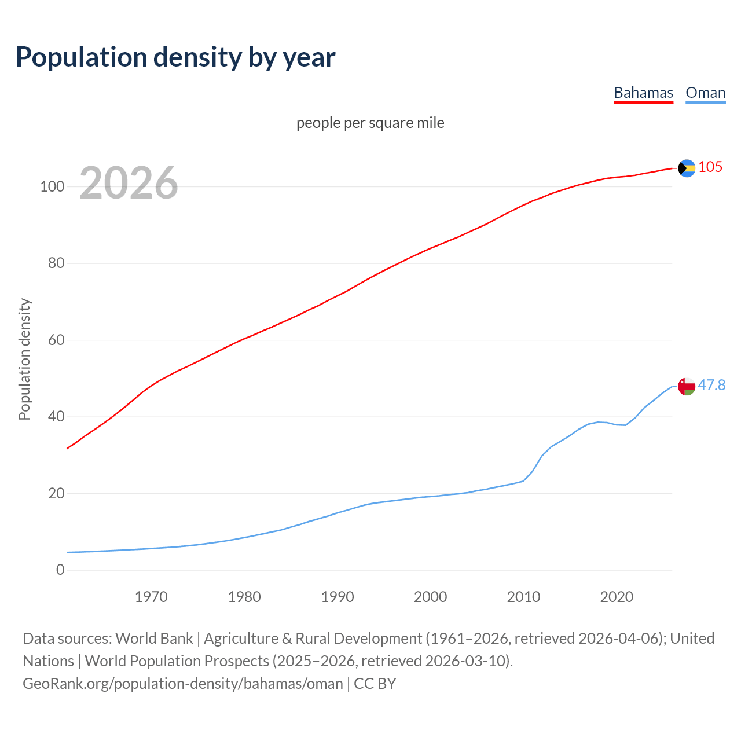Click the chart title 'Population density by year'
click(x=175, y=57)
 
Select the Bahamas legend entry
click(x=643, y=93)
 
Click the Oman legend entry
click(x=705, y=93)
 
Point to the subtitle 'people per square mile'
click(x=370, y=123)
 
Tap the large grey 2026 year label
click(x=129, y=183)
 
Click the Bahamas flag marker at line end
click(x=687, y=168)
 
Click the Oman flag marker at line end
click(x=687, y=386)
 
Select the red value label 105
click(x=710, y=167)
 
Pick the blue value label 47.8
click(x=711, y=385)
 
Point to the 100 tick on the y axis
click(x=52, y=186)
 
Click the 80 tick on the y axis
click(x=56, y=263)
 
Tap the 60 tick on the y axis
click(x=56, y=340)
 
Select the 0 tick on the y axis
click(x=60, y=570)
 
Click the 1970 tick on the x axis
click(x=151, y=597)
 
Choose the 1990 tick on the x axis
click(x=338, y=597)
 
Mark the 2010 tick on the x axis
click(x=523, y=597)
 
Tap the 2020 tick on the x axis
click(x=617, y=597)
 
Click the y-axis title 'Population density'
click(x=24, y=359)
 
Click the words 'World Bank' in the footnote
click(x=154, y=638)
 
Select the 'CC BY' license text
click(x=375, y=683)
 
